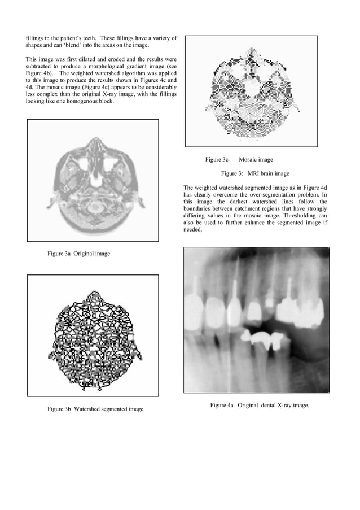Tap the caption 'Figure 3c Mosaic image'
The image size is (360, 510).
[x=239, y=160]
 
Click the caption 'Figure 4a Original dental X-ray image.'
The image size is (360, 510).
[x=260, y=405]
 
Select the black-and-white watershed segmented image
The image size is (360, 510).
[x=93, y=335]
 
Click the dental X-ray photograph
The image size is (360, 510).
[x=256, y=320]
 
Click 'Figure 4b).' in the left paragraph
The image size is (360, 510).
[x=40, y=73]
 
